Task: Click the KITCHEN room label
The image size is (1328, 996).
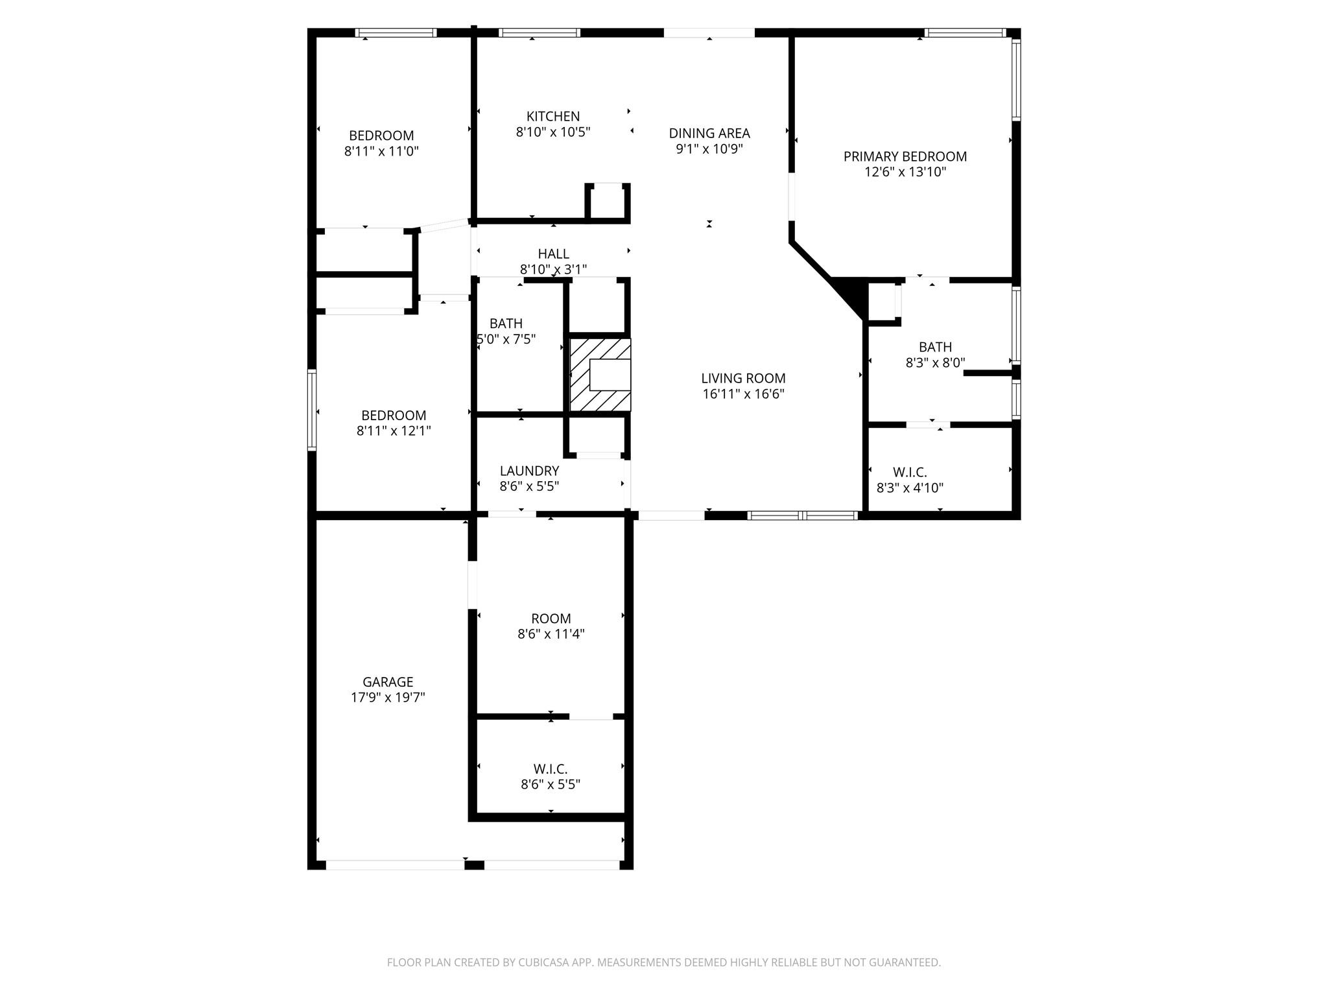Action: (552, 117)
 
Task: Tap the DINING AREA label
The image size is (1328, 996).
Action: (709, 134)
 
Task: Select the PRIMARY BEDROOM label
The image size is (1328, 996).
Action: (905, 156)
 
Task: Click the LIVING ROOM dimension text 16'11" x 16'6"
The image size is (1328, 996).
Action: (743, 394)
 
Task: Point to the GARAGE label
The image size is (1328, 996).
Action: (388, 682)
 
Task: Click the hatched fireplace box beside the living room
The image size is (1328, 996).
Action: (600, 375)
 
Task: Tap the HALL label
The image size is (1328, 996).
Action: (553, 254)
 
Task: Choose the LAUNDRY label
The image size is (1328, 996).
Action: (529, 471)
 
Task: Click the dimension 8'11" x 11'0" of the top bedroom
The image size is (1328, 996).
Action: (381, 152)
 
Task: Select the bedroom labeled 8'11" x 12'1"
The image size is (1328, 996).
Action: (394, 416)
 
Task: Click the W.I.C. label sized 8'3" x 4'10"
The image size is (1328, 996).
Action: (910, 473)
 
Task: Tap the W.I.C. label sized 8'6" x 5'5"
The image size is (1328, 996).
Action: (551, 769)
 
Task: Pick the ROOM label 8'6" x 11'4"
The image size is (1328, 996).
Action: (551, 619)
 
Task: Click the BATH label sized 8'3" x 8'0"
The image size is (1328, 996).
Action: (935, 348)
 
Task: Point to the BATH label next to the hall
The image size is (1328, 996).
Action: (506, 324)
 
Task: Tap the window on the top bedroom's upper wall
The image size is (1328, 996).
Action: (396, 33)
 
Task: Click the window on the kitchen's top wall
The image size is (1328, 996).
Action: (539, 33)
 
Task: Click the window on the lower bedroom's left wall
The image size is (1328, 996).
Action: (312, 410)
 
